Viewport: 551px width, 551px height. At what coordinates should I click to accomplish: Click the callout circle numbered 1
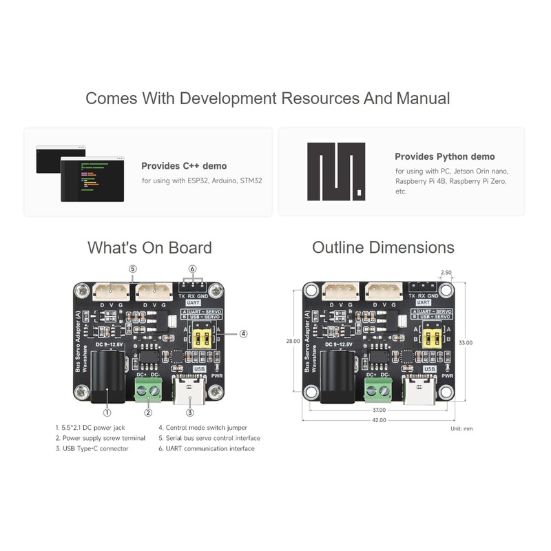click(107, 413)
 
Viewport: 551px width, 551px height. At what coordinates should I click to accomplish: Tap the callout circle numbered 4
click(243, 333)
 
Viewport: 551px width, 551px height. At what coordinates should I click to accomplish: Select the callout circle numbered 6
click(193, 269)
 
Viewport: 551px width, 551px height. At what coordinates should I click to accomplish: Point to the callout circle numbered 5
click(133, 269)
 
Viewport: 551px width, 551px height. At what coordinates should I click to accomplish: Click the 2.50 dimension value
click(446, 273)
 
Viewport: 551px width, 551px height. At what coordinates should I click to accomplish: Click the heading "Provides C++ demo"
click(184, 166)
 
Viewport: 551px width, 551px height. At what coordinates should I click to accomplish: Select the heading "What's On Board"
click(149, 247)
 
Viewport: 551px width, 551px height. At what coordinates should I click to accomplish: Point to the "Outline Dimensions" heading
click(383, 247)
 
